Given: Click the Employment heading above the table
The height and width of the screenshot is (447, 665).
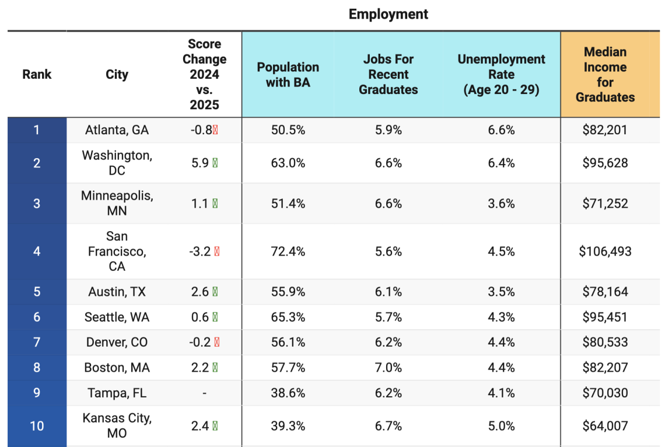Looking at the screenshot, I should (388, 15).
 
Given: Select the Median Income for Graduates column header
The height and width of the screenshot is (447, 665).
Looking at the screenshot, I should (605, 75).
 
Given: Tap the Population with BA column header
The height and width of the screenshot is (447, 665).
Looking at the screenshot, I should (288, 75).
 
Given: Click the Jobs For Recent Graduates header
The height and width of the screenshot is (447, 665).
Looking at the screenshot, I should (388, 75).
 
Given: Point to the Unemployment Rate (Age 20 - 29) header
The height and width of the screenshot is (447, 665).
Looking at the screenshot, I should (501, 75).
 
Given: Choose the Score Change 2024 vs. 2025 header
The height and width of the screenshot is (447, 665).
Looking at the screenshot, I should (204, 75).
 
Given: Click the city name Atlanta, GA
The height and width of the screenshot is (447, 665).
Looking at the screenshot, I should (117, 130).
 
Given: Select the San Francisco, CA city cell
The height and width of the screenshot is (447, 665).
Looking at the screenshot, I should (117, 252).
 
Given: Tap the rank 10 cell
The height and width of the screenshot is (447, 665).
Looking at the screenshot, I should (37, 426).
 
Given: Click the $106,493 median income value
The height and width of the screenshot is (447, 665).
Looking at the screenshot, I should (605, 252).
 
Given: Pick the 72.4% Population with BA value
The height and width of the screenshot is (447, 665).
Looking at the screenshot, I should (288, 252).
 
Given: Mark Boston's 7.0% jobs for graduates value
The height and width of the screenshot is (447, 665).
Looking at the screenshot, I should (388, 368).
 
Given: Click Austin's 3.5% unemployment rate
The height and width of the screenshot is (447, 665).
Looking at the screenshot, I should (501, 292).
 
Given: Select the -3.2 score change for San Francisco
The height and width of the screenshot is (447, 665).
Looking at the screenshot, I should (200, 252).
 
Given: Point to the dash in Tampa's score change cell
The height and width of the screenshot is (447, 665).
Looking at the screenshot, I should (204, 393).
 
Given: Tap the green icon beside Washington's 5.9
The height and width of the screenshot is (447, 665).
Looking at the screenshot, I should (215, 163).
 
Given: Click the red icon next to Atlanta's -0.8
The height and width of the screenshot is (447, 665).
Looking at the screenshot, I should (215, 130).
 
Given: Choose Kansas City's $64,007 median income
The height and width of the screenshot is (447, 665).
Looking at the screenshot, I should (605, 426).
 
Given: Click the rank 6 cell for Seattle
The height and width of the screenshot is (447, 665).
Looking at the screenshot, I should (37, 317).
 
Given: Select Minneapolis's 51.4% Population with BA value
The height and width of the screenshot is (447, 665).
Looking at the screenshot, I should (288, 204).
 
